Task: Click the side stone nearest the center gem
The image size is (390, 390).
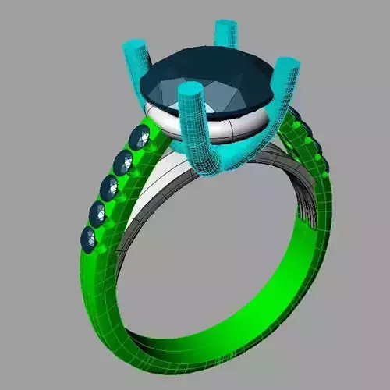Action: (142, 138)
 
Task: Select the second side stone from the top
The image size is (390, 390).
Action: (124, 162)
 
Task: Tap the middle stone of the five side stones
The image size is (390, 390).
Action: (110, 186)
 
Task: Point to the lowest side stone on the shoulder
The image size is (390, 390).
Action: (90, 238)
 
